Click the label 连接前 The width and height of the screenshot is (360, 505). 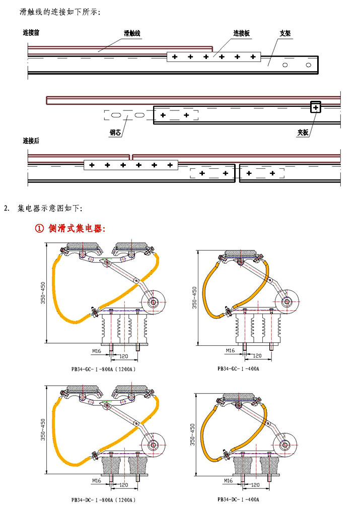click(31, 33)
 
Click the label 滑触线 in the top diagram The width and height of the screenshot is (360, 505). click(132, 33)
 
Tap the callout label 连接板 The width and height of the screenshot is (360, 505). click(241, 33)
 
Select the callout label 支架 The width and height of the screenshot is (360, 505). click(285, 33)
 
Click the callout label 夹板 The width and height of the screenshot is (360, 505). click(303, 133)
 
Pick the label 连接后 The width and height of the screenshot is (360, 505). click(31, 141)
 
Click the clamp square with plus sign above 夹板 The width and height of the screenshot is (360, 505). click(315, 107)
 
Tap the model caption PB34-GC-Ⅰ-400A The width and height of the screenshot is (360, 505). click(238, 368)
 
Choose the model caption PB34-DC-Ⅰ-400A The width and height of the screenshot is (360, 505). click(238, 499)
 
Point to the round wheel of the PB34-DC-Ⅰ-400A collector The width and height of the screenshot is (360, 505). click(285, 444)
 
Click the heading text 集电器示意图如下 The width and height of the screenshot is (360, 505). click(53, 208)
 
